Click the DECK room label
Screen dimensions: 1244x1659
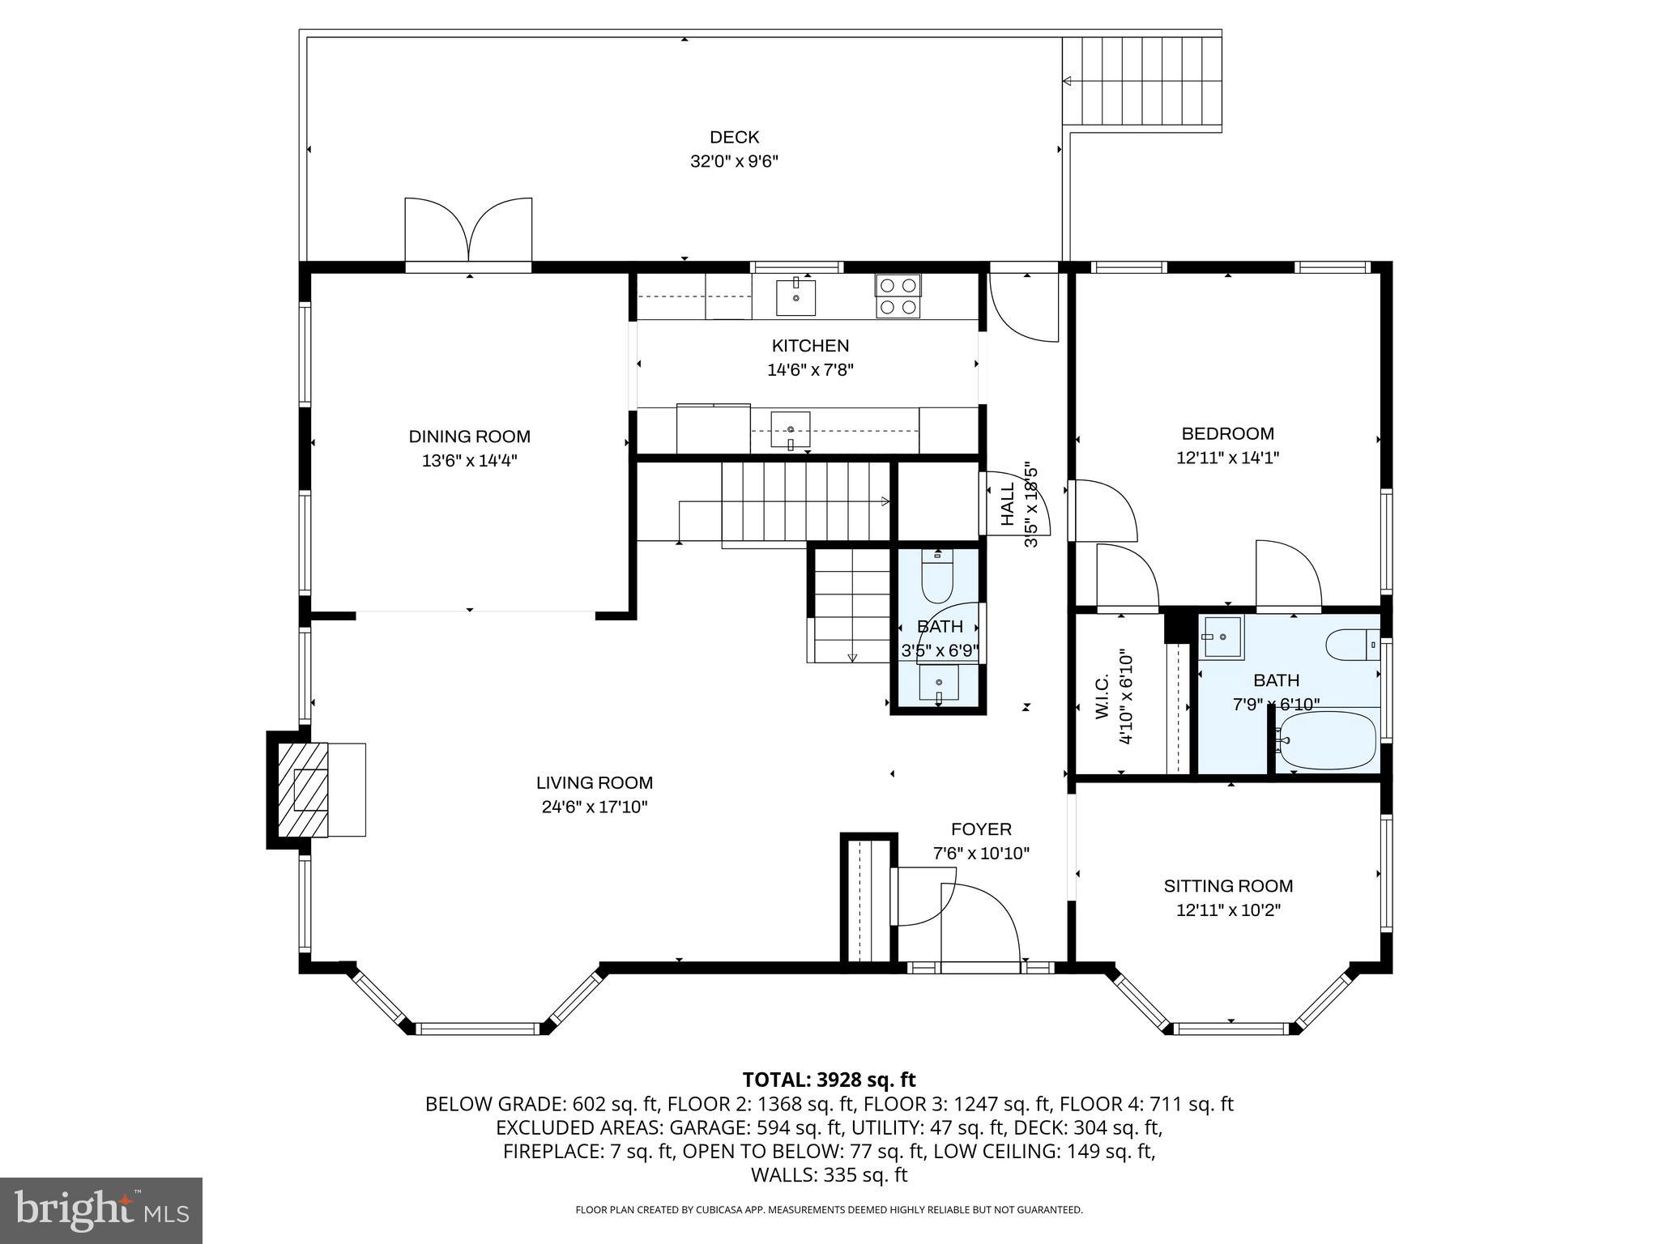[734, 138]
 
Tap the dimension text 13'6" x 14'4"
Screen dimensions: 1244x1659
[469, 461]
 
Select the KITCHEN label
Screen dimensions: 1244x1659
[810, 346]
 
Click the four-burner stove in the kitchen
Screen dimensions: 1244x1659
[898, 296]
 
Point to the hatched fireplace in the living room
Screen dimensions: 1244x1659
[304, 790]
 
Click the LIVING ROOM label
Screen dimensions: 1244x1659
[594, 782]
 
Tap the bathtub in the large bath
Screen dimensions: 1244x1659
[1325, 740]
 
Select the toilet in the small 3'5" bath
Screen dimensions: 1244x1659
[938, 577]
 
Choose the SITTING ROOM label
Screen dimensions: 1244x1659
[1228, 886]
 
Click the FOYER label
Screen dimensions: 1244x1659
[981, 829]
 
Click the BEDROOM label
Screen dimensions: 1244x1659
[1227, 433]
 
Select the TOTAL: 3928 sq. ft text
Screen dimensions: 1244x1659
[829, 1080]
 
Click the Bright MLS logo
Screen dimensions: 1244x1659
[100, 1211]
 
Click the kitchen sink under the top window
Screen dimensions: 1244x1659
[795, 297]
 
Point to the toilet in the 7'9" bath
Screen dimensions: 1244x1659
[1352, 645]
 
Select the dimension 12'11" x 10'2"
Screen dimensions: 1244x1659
[1228, 910]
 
